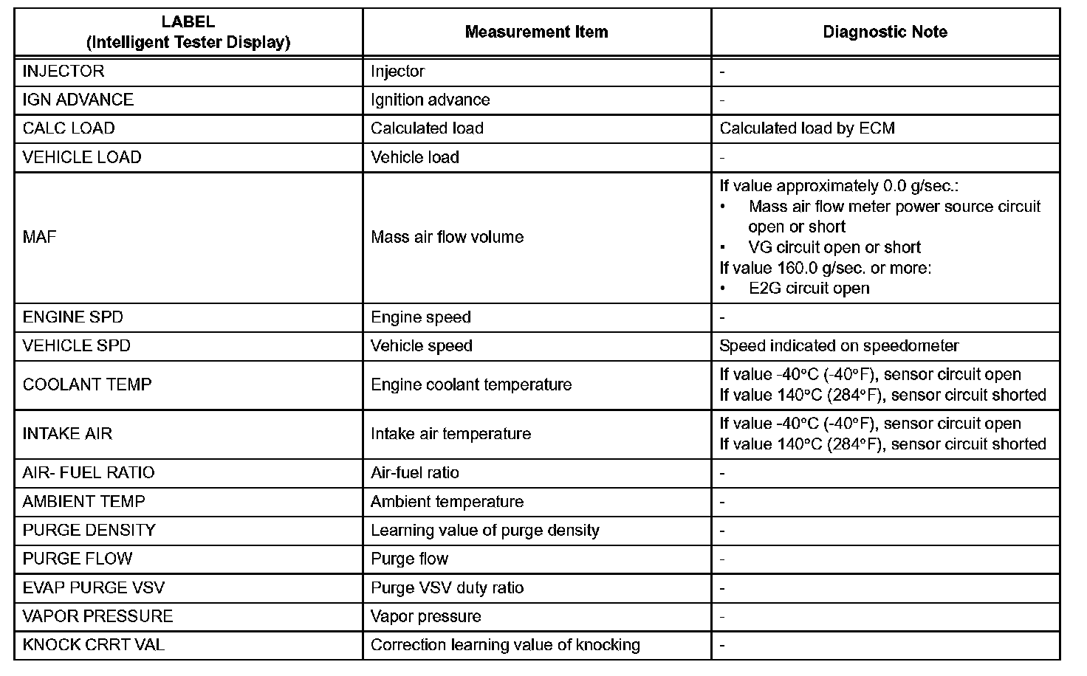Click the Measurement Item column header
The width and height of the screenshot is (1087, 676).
[x=536, y=32]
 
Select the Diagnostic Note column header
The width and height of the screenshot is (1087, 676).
[x=885, y=32]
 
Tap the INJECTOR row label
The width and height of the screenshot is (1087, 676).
[x=64, y=72]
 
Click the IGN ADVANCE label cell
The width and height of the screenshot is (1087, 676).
[x=78, y=100]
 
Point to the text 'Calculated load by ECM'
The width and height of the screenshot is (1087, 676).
[x=807, y=128]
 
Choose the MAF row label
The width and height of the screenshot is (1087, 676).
[x=40, y=237]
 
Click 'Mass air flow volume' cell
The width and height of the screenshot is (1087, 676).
[x=447, y=237]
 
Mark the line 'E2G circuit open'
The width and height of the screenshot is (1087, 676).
[x=809, y=289]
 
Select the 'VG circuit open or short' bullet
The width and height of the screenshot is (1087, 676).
[x=834, y=247]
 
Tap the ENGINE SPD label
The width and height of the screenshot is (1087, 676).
[x=73, y=317]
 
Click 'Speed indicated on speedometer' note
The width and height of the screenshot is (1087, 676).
[x=839, y=346]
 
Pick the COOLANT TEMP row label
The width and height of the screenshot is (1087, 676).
[x=87, y=384]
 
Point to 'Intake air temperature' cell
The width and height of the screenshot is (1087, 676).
[x=450, y=434]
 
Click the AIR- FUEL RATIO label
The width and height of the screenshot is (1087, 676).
[x=89, y=473]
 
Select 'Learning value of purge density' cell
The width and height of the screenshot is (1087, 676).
[x=484, y=531]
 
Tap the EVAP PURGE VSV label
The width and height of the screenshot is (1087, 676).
[x=94, y=588]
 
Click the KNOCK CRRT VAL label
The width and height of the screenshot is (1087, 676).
[x=94, y=645]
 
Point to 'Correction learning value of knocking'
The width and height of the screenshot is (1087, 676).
[x=505, y=645]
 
